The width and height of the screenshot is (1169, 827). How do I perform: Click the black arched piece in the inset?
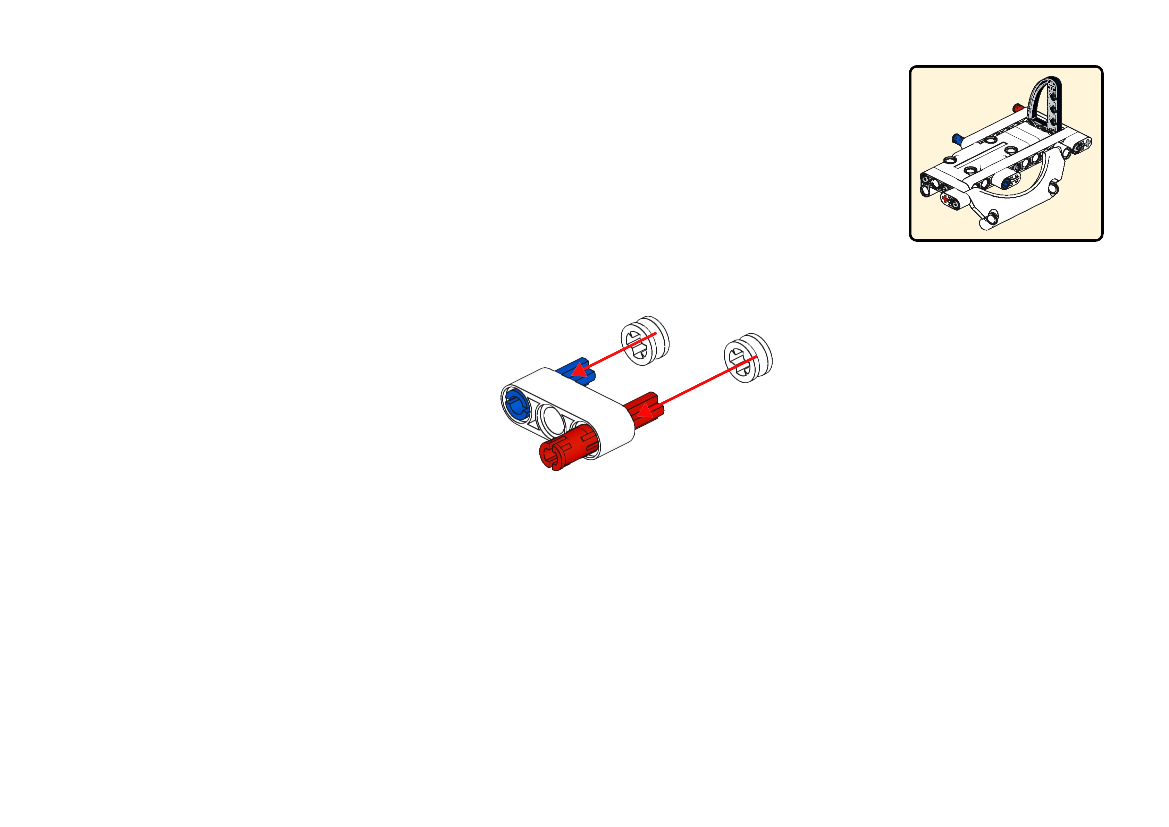point(1047,102)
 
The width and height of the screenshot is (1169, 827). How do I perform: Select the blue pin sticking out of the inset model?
point(958,138)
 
